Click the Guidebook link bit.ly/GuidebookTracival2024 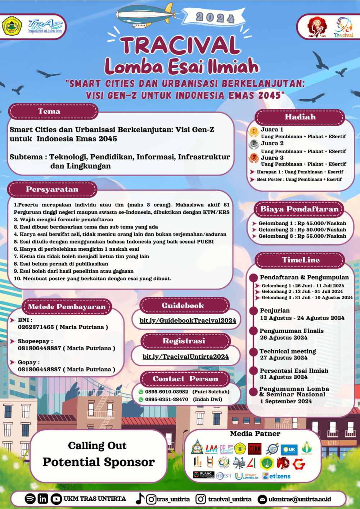point(188,321)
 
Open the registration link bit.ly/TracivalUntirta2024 point(186,356)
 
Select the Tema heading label point(49,112)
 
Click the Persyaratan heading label point(52,190)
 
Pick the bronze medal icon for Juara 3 point(253,158)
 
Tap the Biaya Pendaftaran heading point(300,209)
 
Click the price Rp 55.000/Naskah point(322,236)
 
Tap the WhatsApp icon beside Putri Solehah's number point(141,392)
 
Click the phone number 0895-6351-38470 point(167,399)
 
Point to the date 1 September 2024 point(286,401)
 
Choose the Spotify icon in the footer point(30,499)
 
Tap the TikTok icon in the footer point(140,499)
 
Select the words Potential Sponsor point(99,462)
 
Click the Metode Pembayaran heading point(67,307)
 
